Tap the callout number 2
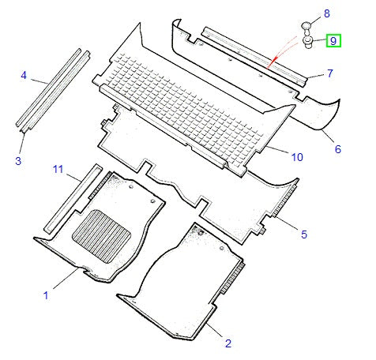227,343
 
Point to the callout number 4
24,76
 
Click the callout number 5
303,233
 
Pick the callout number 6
337,149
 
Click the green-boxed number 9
333,40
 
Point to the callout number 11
58,169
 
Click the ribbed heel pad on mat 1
101,235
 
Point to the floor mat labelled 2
182,276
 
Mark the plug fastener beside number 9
309,43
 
